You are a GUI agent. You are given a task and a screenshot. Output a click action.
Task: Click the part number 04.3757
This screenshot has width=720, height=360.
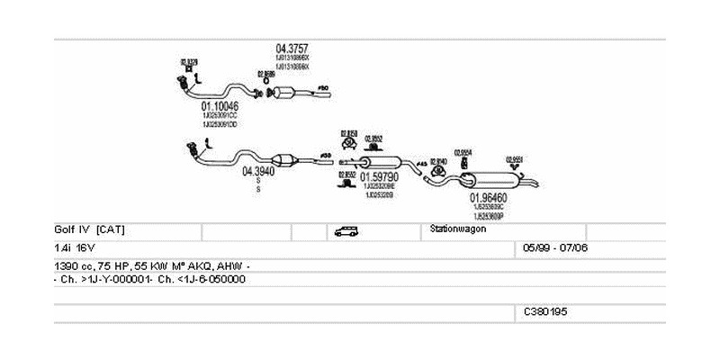[x=293, y=49]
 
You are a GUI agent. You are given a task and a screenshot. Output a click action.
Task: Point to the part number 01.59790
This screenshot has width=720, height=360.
[x=379, y=177]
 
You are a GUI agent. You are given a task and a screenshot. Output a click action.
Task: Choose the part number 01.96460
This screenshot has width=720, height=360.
[x=488, y=197]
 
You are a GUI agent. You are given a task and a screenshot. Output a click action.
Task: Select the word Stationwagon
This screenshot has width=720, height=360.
[x=459, y=229]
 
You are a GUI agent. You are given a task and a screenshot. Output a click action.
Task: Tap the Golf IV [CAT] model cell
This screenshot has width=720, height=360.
[x=89, y=229]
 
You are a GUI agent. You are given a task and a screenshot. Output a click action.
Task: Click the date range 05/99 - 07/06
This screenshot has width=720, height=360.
[x=555, y=247]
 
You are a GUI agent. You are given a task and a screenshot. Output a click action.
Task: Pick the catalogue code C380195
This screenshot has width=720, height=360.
[x=546, y=311]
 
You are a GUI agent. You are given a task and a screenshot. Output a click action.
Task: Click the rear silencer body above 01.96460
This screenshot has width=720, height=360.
[x=490, y=181]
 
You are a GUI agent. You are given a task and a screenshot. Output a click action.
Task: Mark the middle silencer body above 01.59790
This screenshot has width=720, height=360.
[x=379, y=161]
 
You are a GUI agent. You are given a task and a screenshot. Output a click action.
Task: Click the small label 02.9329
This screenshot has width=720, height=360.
[x=189, y=61]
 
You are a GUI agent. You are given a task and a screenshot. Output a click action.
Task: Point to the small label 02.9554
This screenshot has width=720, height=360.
[x=463, y=152]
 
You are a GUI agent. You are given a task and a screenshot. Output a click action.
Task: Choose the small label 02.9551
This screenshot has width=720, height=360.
[x=515, y=158]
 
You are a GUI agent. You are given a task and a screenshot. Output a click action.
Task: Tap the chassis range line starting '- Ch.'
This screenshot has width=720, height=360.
[x=149, y=279]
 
